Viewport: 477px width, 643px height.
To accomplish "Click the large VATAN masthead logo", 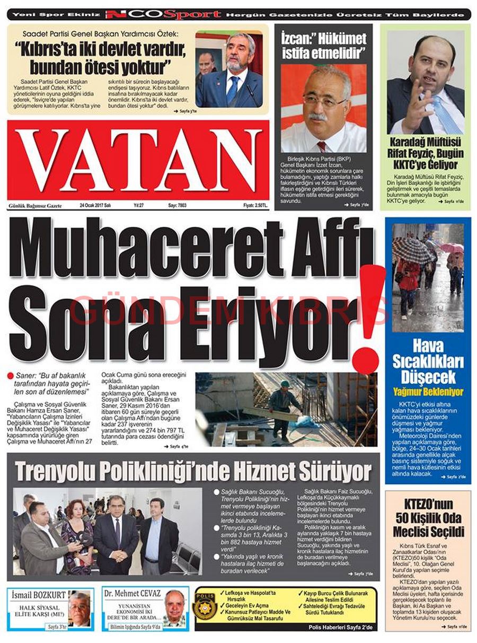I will click(139, 160).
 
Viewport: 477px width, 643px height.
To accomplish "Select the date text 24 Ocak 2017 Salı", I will click(95, 205).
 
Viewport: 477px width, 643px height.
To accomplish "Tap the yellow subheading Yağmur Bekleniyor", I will click(428, 392).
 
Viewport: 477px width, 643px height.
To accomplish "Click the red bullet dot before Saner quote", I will click(11, 376).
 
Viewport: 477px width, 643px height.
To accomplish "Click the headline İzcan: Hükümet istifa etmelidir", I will click(323, 45).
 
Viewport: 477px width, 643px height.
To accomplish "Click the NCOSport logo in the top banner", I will click(163, 14).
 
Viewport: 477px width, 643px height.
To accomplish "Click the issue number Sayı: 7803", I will click(178, 205).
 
